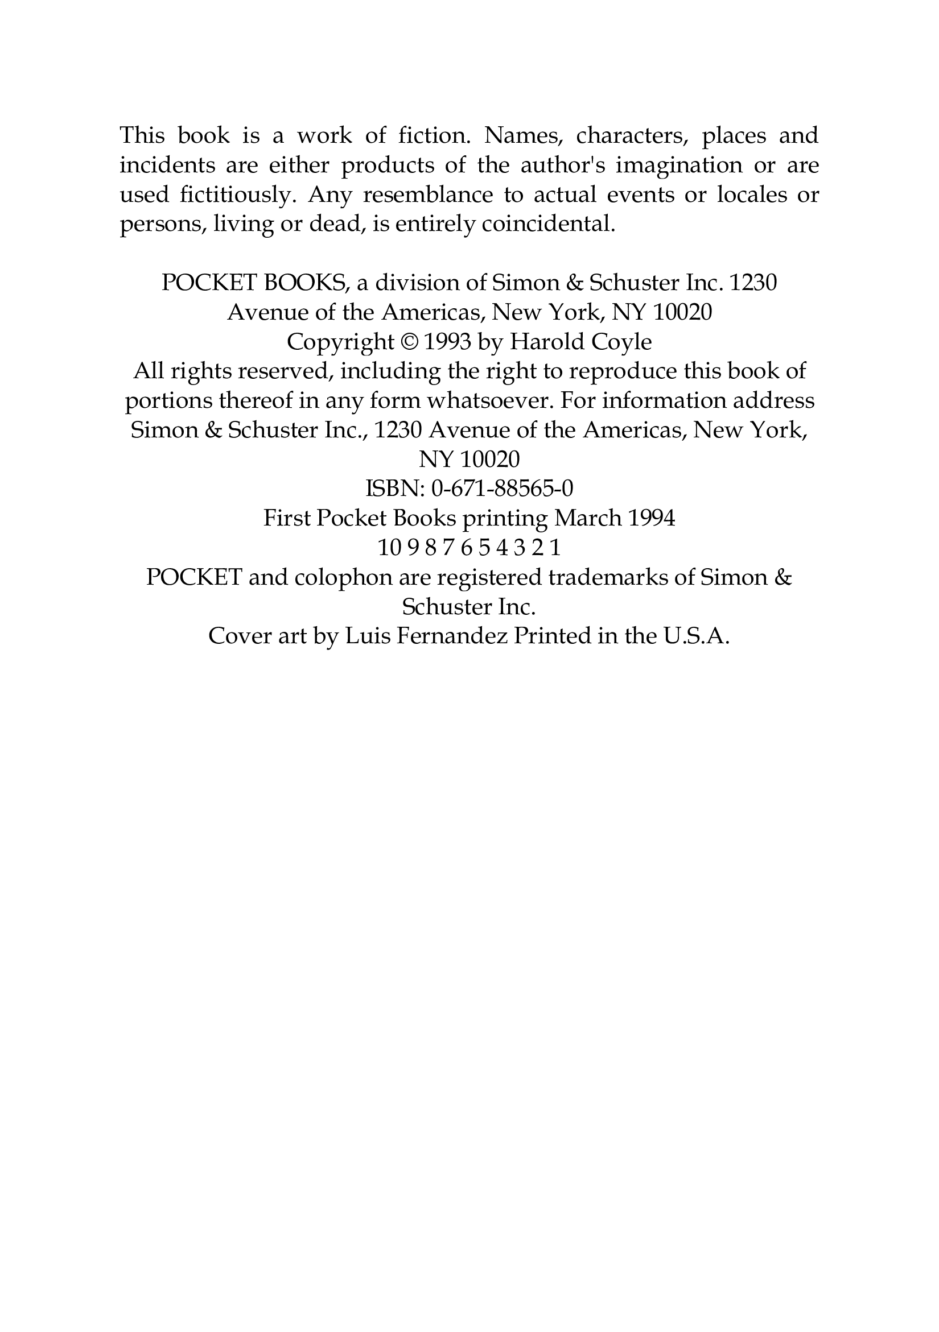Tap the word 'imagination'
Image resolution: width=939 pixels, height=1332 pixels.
click(678, 166)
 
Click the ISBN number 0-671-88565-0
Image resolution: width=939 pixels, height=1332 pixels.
click(502, 489)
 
